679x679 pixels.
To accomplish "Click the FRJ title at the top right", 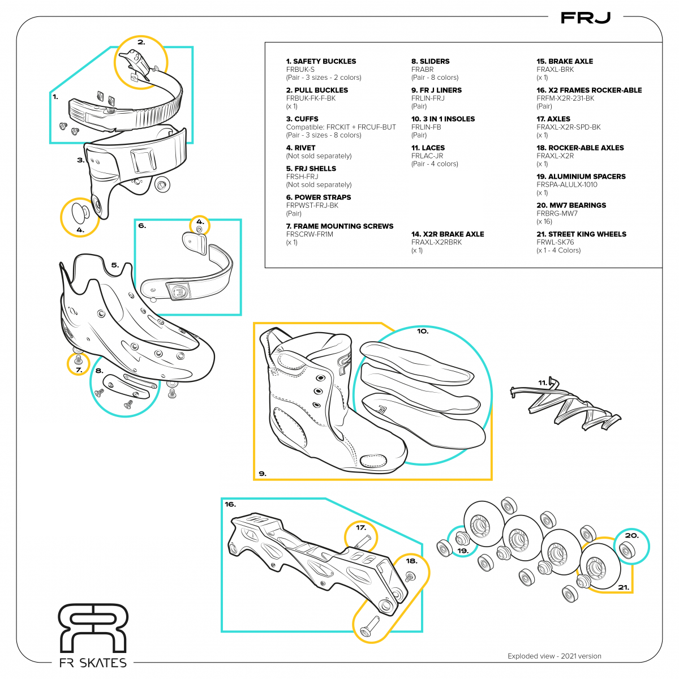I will click(585, 18).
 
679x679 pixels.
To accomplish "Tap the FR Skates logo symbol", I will click(94, 628).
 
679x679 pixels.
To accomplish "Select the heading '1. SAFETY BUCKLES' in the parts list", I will click(321, 61).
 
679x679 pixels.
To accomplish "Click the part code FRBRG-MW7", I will click(557, 213).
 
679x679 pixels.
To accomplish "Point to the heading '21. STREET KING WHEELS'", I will click(581, 234).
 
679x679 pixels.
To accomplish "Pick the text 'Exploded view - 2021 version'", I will click(554, 656).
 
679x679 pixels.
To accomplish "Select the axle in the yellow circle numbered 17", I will click(363, 540).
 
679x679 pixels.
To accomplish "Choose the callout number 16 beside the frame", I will click(230, 504).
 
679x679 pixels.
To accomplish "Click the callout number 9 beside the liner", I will click(262, 474).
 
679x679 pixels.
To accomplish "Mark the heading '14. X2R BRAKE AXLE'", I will click(447, 234).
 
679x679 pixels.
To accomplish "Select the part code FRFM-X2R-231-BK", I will click(565, 98).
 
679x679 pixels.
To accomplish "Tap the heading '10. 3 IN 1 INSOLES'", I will click(442, 119).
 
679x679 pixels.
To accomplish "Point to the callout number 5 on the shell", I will click(115, 265).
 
